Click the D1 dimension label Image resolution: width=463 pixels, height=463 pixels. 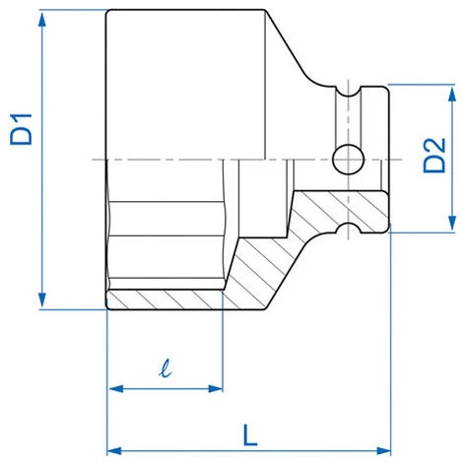coord(22,129)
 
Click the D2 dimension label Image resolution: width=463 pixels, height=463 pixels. coord(434,156)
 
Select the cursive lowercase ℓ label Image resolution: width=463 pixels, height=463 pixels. coord(165,367)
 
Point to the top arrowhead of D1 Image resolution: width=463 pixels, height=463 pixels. coord(41,20)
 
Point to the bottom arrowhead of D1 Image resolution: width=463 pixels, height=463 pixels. coord(41,299)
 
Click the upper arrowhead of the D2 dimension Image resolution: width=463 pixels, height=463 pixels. coord(452,95)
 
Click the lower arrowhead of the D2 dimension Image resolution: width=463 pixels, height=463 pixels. coord(452,223)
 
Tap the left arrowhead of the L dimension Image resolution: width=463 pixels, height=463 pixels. coord(115,450)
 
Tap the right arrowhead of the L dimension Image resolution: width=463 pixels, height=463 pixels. coord(383,450)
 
